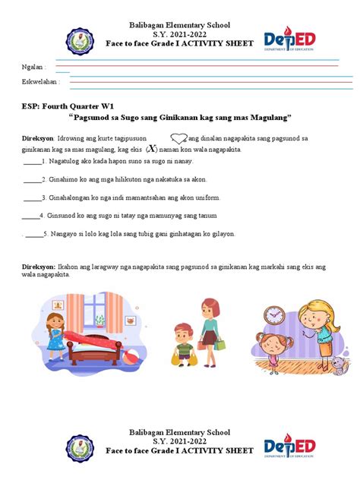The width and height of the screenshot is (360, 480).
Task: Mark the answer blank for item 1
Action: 33,162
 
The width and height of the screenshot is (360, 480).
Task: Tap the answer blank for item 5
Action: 34,235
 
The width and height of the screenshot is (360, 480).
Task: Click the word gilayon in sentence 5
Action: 223,234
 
